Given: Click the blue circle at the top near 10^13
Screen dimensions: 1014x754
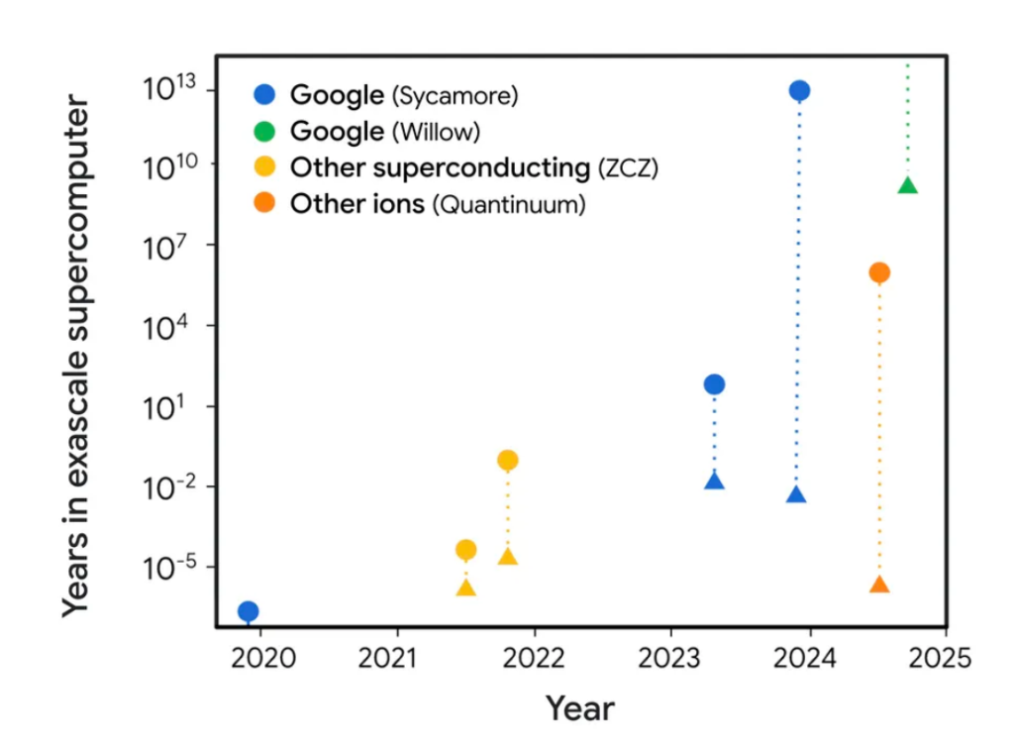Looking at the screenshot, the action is tap(799, 90).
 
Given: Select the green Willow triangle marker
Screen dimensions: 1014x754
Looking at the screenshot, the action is tap(908, 185).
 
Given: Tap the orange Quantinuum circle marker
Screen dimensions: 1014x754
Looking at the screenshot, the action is tap(879, 272).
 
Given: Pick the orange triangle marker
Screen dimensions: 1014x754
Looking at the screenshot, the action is tap(879, 585).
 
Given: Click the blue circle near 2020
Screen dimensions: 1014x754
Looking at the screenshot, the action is tap(249, 611).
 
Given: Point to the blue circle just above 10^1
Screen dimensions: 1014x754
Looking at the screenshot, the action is tap(714, 384).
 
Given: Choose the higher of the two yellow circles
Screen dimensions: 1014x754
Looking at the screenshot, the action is tap(508, 460).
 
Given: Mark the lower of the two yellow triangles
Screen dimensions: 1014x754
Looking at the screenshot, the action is tap(466, 588).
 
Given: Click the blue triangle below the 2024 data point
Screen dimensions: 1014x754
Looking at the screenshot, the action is tap(797, 495).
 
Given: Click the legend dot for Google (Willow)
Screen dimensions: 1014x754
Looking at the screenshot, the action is tap(264, 132).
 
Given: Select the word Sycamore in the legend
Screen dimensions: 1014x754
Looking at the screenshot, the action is tap(455, 96).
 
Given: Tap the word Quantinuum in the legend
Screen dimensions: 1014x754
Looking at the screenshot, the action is tap(509, 204).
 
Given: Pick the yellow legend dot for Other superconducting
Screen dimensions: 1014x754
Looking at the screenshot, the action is tap(264, 167).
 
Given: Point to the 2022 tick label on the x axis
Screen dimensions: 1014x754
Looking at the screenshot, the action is tap(534, 658).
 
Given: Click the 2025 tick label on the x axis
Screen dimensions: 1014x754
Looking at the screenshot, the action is tap(941, 658).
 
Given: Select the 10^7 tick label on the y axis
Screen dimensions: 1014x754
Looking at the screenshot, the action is tap(165, 247).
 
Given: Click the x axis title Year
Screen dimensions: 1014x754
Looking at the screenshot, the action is tap(580, 708).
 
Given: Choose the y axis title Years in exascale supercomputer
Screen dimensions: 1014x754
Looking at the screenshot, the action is tap(77, 356).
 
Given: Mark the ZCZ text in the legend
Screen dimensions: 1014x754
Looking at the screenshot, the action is tap(628, 168).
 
